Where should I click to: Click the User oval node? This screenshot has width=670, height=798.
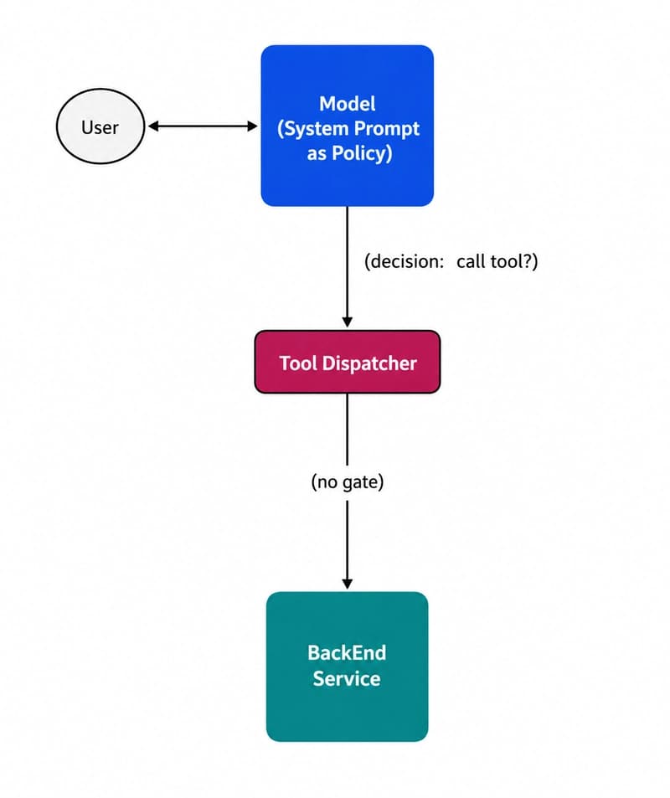pyautogui.click(x=100, y=128)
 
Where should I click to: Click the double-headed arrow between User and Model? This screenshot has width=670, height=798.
pyautogui.click(x=203, y=126)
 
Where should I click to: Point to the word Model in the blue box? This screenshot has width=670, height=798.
pyautogui.click(x=347, y=104)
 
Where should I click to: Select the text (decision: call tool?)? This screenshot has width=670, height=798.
pyautogui.click(x=451, y=261)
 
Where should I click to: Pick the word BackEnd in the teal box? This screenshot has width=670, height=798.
pyautogui.click(x=347, y=652)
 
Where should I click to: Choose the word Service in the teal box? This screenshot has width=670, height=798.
pyautogui.click(x=347, y=677)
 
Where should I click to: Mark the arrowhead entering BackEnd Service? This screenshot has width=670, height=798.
pyautogui.click(x=347, y=584)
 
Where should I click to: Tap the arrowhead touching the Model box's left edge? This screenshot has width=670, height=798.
pyautogui.click(x=253, y=126)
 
